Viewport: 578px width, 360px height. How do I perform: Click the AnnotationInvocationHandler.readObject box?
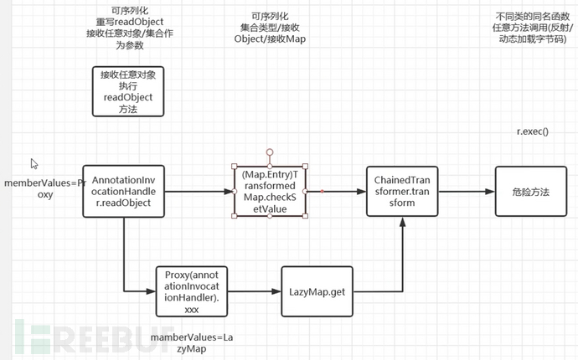123,192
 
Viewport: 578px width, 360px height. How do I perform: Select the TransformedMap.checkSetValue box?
269,191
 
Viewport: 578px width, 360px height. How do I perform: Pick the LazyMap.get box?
316,291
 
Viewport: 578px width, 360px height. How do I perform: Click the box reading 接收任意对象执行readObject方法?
128,91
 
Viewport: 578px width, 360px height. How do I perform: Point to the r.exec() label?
532,132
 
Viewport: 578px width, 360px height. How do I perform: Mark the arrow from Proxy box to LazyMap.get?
254,291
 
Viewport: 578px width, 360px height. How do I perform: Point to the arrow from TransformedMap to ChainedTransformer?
335,192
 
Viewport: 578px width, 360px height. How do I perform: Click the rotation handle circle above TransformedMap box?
269,152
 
